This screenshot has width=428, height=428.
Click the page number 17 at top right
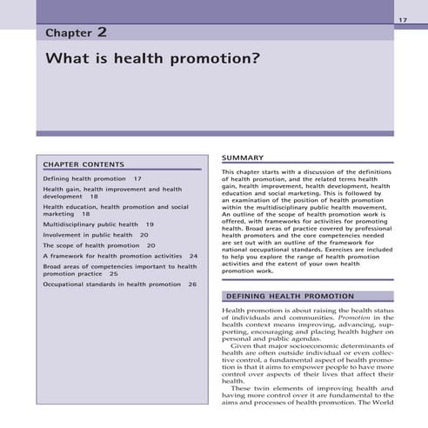coord(402,19)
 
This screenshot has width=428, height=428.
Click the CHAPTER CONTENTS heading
coord(84,164)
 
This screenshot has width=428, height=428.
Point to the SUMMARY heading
coord(243,157)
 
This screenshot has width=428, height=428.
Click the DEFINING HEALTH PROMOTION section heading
coord(289,296)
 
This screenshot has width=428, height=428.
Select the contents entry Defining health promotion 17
coord(92,178)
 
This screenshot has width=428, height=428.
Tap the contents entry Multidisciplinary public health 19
coord(98,224)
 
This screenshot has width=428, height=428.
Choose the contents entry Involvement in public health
coord(88,235)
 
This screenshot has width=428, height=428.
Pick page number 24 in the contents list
coord(193,257)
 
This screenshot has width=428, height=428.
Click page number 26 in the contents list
coord(192,284)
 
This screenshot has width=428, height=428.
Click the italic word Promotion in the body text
coord(355,318)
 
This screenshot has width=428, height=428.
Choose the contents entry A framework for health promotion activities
coord(112,257)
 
